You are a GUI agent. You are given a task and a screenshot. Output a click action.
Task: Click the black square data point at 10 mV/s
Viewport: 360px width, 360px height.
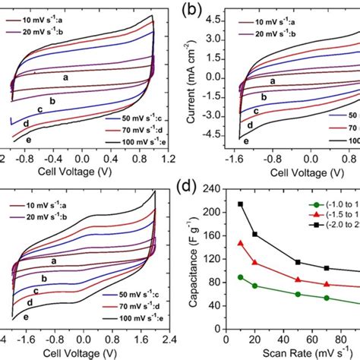(241, 204)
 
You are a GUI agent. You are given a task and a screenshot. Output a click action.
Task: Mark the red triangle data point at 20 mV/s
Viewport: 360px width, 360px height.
(255, 263)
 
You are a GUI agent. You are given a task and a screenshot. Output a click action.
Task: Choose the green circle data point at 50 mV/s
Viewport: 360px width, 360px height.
(298, 294)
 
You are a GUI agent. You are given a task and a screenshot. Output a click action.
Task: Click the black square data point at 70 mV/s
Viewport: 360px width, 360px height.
(327, 268)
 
